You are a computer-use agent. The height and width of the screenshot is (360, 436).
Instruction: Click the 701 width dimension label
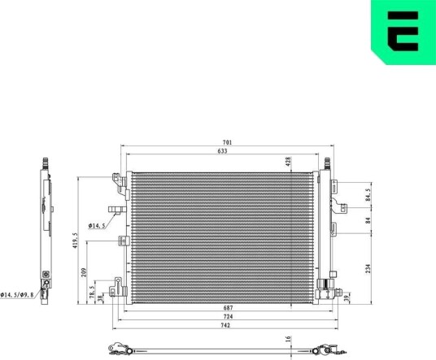(227, 142)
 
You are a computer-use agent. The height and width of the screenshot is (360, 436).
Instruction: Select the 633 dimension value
(222, 151)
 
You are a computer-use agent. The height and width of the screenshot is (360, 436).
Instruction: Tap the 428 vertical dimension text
(288, 162)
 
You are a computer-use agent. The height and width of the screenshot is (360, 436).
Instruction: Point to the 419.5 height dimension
(75, 241)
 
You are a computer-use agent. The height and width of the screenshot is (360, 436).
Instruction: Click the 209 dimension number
(84, 272)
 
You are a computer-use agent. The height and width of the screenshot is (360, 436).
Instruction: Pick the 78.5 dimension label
(92, 293)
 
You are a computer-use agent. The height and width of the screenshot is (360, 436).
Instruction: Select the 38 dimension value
(100, 298)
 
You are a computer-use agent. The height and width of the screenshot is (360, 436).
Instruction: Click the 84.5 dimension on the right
(368, 195)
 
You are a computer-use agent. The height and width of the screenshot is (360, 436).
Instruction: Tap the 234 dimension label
(368, 268)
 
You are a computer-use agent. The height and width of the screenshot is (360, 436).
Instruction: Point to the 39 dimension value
(347, 298)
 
